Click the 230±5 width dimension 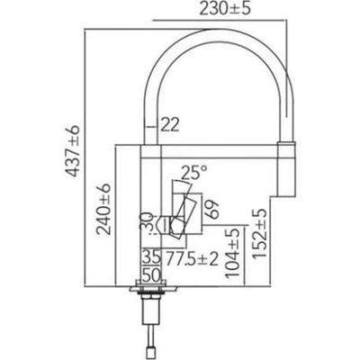point(224,10)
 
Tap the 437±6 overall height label point(73,151)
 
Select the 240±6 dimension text point(103,209)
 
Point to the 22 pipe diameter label point(170,124)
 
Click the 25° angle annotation point(194,172)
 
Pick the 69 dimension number point(212,209)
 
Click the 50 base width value point(151,275)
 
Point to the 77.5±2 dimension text point(192,258)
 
